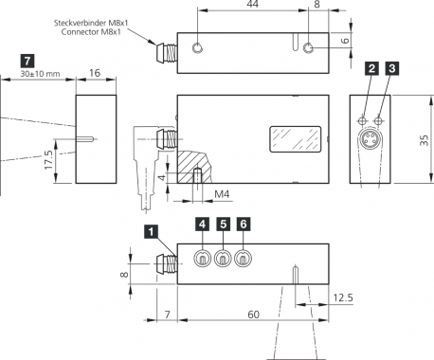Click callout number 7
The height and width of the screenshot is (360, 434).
[27, 61]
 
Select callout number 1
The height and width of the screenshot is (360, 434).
[151, 232]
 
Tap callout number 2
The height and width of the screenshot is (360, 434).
[371, 68]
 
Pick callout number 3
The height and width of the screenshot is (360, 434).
[392, 68]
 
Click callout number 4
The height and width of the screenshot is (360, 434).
[203, 224]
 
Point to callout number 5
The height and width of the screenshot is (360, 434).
[223, 224]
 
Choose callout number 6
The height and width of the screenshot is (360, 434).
[244, 224]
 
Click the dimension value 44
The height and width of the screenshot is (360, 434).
[253, 4]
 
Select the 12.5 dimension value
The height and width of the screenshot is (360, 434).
[343, 297]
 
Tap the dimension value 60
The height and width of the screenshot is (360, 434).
[253, 315]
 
